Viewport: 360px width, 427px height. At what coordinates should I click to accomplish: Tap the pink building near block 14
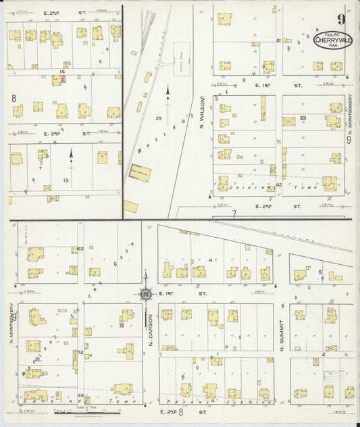[63, 79]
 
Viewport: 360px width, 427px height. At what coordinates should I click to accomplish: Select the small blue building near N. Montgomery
[39, 360]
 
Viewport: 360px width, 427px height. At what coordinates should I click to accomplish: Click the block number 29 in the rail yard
[159, 119]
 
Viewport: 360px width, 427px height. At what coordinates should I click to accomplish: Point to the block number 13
[66, 180]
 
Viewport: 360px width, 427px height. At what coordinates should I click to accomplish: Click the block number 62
[80, 249]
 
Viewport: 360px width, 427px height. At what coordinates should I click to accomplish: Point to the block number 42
[278, 184]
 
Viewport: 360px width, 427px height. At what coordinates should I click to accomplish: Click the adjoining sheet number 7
[234, 214]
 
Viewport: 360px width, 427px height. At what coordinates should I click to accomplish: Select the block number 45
[80, 395]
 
